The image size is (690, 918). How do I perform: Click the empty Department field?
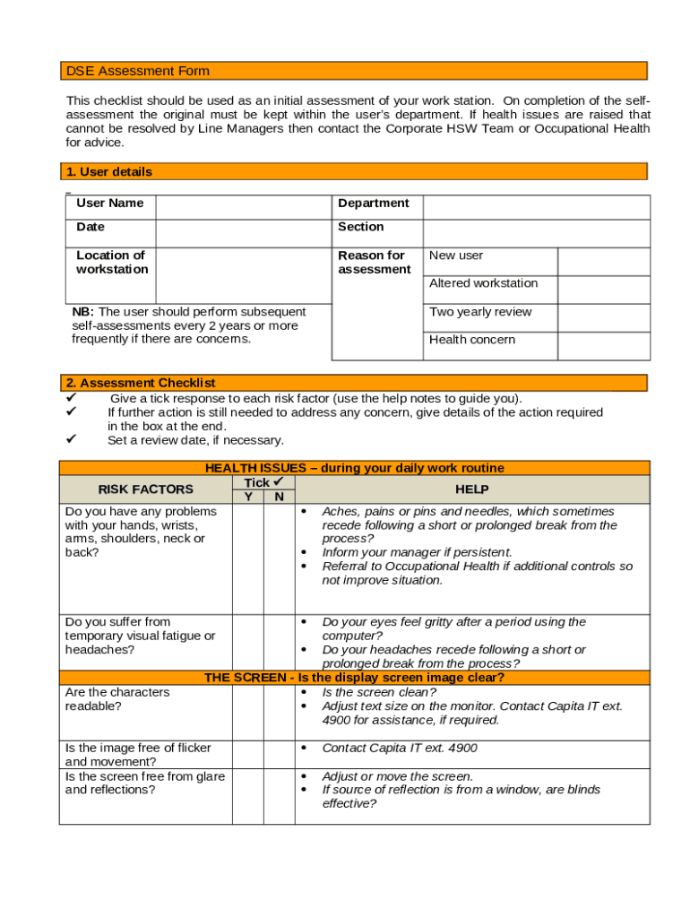click(x=536, y=207)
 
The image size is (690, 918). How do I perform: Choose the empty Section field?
click(x=536, y=232)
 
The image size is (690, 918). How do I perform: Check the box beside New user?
click(x=603, y=261)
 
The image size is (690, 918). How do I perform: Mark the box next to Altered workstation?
click(x=603, y=289)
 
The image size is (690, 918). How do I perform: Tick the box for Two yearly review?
click(x=603, y=317)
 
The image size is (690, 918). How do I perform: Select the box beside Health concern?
click(x=603, y=345)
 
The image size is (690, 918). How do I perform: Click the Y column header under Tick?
click(x=248, y=497)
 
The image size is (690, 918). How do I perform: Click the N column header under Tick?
click(x=279, y=497)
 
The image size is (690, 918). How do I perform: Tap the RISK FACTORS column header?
click(x=145, y=489)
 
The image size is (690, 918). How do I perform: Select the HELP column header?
click(x=472, y=489)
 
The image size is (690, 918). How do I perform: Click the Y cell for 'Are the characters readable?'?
click(x=248, y=713)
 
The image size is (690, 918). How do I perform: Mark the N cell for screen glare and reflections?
click(x=279, y=796)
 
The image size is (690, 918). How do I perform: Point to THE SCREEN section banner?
click(x=354, y=678)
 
